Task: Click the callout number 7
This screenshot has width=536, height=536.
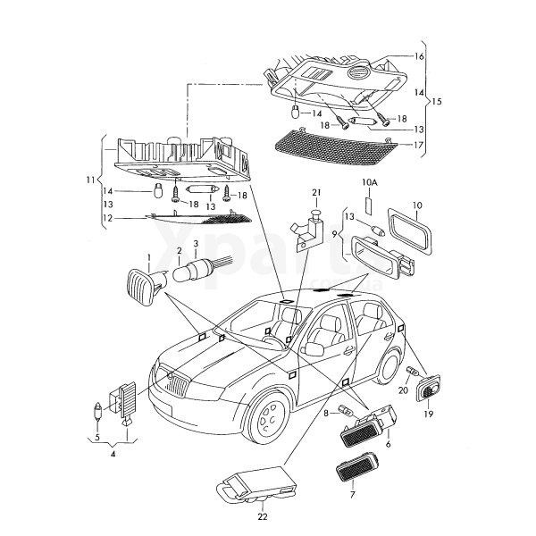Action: tap(352, 493)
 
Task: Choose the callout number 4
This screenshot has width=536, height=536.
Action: tap(113, 454)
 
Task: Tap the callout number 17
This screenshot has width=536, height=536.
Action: tap(418, 144)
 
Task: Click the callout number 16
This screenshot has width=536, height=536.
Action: tap(418, 56)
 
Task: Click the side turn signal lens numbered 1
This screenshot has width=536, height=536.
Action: tap(140, 285)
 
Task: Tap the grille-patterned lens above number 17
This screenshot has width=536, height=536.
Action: tap(330, 142)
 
